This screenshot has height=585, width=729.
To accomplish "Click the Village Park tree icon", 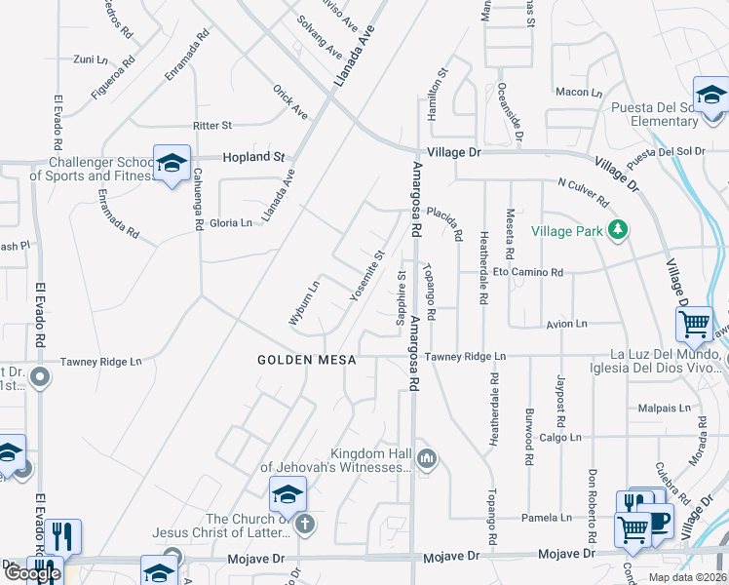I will pos(616,230).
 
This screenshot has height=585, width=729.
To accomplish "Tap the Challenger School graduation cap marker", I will pos(172,164).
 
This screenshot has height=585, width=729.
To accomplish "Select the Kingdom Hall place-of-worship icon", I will pos(426,457).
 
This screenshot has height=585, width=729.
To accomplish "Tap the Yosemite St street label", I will pos(368,275).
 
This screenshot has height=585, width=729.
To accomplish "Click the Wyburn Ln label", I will pos(304,302).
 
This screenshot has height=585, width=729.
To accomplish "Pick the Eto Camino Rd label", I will pos(528,272).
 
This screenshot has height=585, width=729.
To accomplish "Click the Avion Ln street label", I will pos(567,323).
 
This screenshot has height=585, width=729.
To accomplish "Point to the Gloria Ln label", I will pos(231,222).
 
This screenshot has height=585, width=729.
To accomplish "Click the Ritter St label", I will pos(212,126).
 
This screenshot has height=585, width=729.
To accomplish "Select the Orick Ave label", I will pos(290,102).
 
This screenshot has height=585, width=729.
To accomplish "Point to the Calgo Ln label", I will pos(560,437).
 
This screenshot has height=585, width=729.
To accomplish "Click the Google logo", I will pos(32,573).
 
